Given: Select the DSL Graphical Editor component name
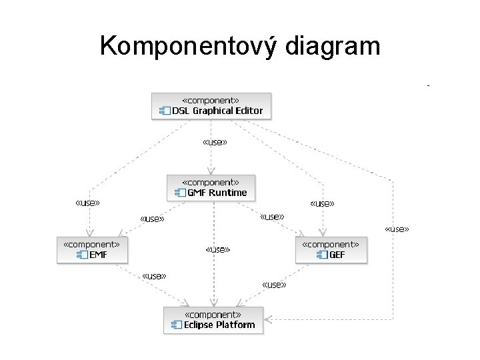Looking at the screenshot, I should (217, 111).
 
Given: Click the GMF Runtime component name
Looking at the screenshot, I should (217, 193).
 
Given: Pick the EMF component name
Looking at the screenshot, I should (98, 255).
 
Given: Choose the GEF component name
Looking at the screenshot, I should (337, 255).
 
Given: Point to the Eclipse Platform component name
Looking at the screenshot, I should (219, 325).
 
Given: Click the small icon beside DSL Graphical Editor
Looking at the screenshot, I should (165, 111).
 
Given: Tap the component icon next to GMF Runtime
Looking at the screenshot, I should (180, 193).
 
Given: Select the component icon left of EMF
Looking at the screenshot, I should (83, 255).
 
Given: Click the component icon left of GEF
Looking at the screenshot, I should (322, 255).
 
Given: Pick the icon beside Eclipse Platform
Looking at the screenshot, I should (177, 325).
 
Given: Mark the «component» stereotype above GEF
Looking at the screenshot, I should (331, 245).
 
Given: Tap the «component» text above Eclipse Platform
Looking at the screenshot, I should (213, 315).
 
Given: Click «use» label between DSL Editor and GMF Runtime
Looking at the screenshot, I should (214, 142).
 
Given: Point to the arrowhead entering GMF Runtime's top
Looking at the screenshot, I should (211, 171).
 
